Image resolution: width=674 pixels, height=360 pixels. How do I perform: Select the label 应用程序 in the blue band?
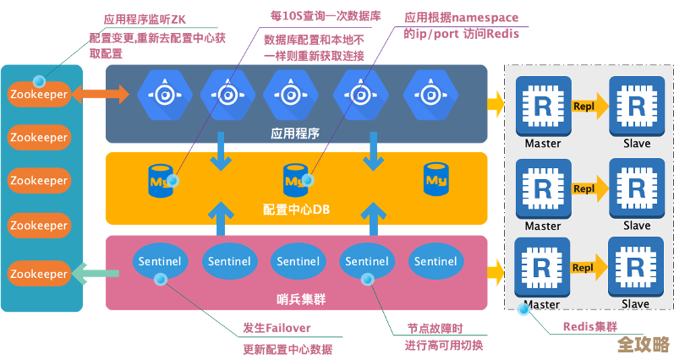click(295, 133)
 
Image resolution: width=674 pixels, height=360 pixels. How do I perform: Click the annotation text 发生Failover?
click(277, 328)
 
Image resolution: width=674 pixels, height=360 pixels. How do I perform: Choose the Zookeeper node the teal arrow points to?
click(38, 274)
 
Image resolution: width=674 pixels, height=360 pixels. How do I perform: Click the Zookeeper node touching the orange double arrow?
click(38, 94)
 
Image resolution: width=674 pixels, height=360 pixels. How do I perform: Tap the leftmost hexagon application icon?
click(158, 94)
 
